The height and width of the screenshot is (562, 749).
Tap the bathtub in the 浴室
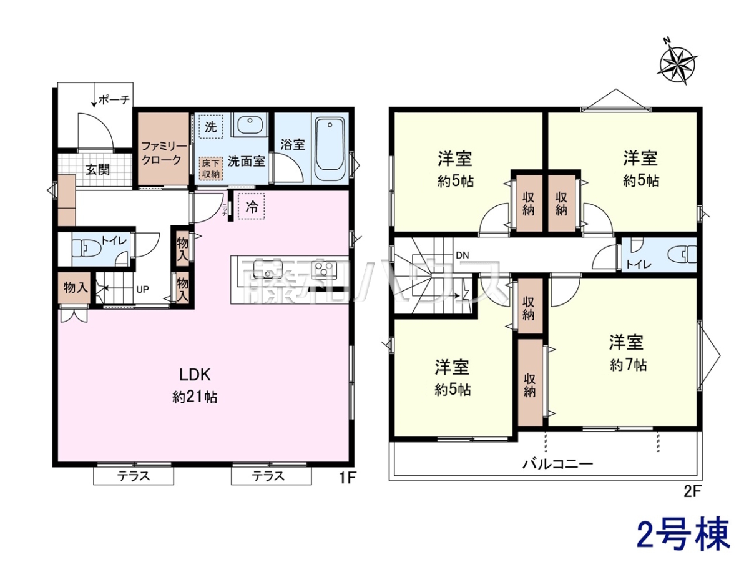coord(330,149)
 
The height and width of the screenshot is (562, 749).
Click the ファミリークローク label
coord(164,153)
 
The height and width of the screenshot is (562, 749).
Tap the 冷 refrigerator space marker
coord(252,207)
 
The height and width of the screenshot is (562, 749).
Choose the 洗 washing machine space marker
coord(211,127)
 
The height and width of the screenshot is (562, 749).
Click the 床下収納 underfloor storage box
coord(211,168)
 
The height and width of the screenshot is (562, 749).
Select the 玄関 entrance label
coord(97,170)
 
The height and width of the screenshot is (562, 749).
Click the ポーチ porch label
coord(114,100)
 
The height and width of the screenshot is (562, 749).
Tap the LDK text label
coord(195,375)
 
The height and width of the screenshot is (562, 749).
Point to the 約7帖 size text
coord(628,365)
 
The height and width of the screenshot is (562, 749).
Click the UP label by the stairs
coord(143,290)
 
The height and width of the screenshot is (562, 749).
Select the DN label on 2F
coord(463,255)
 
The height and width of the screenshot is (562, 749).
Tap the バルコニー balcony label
coord(557,464)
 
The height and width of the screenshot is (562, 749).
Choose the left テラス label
coord(134,476)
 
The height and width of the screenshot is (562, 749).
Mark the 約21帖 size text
coord(195,397)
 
